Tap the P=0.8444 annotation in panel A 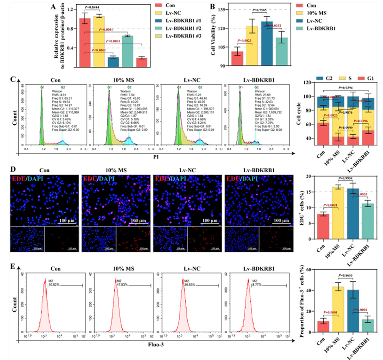(93, 8)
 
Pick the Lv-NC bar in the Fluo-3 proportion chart (352, 313)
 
